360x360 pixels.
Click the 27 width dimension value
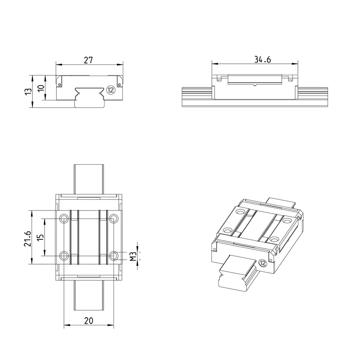[88, 60]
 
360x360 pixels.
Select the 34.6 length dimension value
[262, 59]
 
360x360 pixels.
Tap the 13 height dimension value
[28, 91]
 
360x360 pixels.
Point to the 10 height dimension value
[41, 88]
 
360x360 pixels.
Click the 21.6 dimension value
[27, 239]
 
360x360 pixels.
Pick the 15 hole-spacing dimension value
[40, 237]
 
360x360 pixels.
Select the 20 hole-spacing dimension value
[89, 320]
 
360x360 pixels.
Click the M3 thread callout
[133, 256]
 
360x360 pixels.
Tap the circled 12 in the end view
[111, 90]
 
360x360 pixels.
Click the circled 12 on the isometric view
[263, 263]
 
